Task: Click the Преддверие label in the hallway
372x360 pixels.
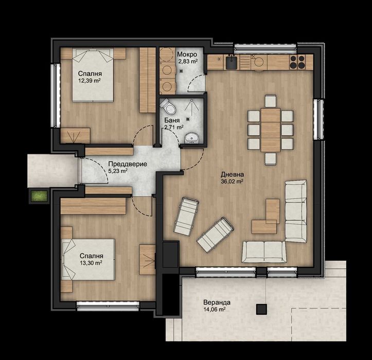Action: click(x=128, y=164)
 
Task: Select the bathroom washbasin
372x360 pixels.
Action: click(x=191, y=137)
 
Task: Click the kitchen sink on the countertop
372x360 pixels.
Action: click(x=231, y=62)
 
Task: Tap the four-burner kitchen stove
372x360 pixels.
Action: click(x=297, y=62)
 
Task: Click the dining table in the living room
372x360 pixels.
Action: click(x=270, y=129)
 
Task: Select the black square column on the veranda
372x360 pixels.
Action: click(x=262, y=309)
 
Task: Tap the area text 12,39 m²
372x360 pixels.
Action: click(x=90, y=81)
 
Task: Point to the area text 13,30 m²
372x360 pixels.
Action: click(x=91, y=262)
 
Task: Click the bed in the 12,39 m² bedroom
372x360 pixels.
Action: click(x=93, y=75)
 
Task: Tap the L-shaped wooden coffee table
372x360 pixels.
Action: click(x=267, y=218)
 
